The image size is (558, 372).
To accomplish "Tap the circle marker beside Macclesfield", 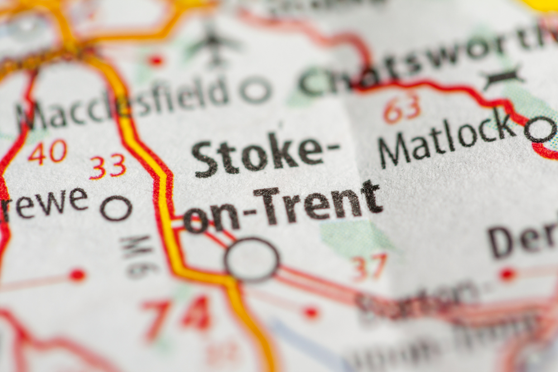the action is [x=256, y=90].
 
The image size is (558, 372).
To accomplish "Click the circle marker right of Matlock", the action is [x=540, y=129].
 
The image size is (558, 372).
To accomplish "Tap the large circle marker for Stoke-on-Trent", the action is [x=252, y=259].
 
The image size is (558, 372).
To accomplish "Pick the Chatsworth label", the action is [x=424, y=61].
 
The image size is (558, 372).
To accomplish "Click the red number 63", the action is [x=401, y=107].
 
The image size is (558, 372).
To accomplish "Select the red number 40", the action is [x=47, y=152].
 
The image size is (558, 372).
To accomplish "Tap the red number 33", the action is [x=108, y=166].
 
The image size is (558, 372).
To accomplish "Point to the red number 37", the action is [x=369, y=267].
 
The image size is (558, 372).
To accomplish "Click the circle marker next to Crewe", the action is [x=116, y=208].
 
